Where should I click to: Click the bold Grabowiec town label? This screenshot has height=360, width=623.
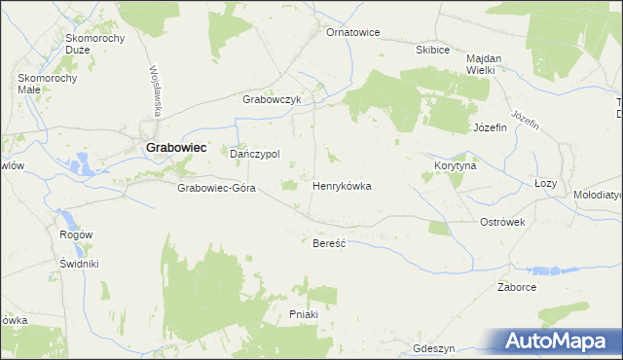tap(176, 147)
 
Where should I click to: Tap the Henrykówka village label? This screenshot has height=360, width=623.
tap(342, 185)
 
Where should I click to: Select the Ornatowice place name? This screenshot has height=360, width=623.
tap(352, 32)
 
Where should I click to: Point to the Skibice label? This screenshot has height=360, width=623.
tap(432, 50)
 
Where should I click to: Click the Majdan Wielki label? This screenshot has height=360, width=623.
tap(482, 63)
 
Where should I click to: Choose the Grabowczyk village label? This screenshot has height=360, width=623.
tap(274, 99)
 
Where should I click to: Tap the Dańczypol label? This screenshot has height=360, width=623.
tap(254, 154)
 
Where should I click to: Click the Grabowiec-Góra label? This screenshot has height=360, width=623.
tap(216, 188)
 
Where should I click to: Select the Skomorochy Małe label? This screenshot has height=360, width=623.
tap(42, 83)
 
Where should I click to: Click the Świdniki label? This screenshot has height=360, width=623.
tap(80, 264)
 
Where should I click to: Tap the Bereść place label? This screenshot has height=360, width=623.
tap(329, 242)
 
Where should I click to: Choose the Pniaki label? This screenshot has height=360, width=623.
tap(305, 314)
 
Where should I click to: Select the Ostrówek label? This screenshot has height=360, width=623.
tap(502, 222)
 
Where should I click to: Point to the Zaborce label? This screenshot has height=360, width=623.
tap(517, 287)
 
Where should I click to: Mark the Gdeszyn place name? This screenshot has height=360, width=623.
tap(434, 348)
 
